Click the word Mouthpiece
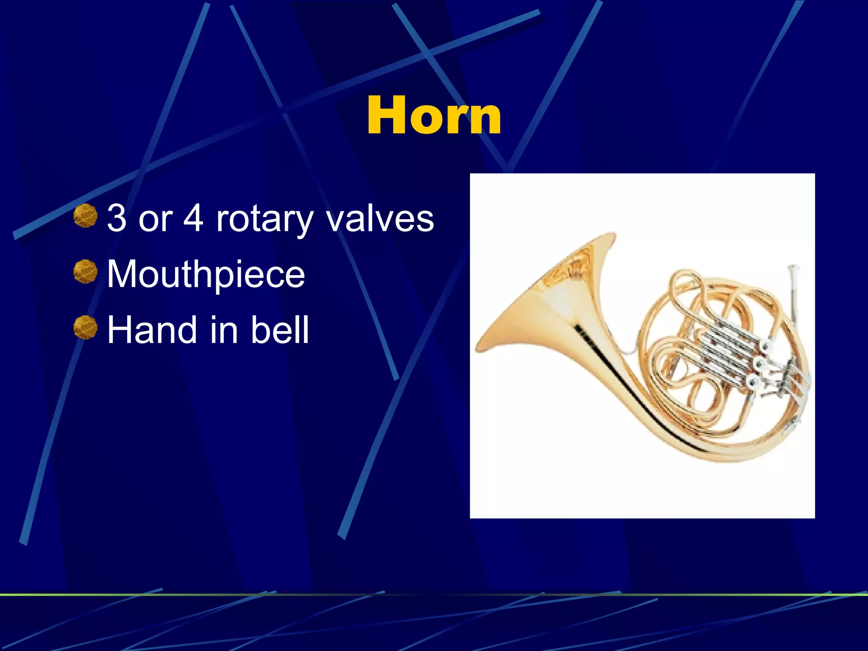[x=206, y=275]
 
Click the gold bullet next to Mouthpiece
[x=85, y=272]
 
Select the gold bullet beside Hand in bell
[x=85, y=327]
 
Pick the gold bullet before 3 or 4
[x=85, y=215]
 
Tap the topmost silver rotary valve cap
[x=765, y=347]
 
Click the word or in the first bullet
[x=155, y=220]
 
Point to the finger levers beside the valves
[x=788, y=377]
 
